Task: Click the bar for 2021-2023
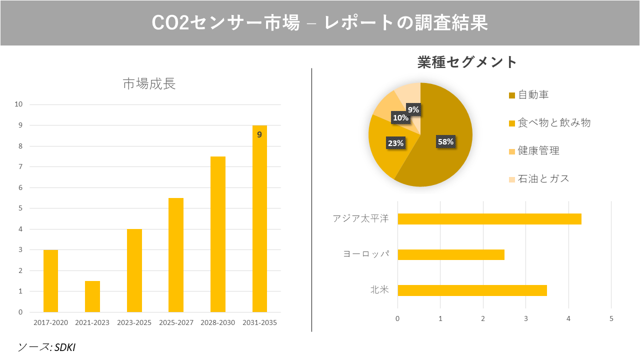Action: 92,296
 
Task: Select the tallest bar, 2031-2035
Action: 259,220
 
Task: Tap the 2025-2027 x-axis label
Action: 176,322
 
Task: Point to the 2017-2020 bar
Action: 50,281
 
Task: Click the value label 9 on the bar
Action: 259,134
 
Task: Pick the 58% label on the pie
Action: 445,141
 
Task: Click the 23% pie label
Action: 395,143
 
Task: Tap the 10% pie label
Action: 400,118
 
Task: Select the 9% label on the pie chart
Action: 413,109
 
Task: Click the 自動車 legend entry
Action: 533,94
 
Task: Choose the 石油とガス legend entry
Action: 543,178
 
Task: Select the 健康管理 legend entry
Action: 538,150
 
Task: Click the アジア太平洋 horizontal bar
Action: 489,219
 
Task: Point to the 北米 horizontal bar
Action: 472,290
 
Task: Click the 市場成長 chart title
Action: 149,83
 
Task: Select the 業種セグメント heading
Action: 467,62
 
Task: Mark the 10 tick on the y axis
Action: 19,104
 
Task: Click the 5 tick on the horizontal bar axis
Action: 611,318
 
